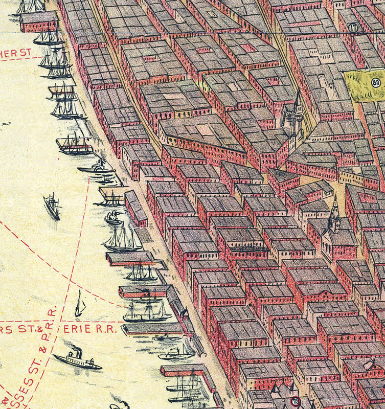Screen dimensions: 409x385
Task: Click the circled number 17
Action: [352, 27]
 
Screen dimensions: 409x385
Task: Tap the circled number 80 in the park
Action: [376, 82]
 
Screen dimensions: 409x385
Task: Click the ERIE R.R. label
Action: [90, 329]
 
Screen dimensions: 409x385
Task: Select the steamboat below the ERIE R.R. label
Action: [77, 360]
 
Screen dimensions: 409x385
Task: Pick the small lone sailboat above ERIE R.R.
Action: [79, 305]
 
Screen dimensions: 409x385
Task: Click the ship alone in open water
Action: [52, 206]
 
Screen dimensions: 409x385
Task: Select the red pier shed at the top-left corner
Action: [39, 22]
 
